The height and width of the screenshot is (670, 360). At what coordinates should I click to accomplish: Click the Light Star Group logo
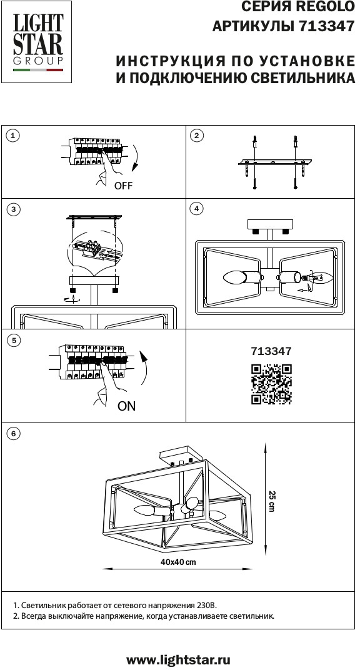pos(37,42)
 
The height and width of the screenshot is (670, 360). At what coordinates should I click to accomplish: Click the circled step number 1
pos(13,136)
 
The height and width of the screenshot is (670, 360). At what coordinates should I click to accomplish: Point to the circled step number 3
pos(14,209)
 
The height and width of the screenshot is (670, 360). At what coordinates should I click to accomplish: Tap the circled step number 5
pos(14,341)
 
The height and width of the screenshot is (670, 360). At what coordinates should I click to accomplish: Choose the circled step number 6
pos(14,434)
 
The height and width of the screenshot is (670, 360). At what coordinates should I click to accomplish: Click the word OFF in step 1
pos(123,186)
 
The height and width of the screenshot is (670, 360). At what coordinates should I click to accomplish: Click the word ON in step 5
pos(126,406)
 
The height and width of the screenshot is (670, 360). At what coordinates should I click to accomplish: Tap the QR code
pos(271,384)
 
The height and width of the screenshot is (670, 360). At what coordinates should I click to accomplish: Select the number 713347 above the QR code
pos(271,351)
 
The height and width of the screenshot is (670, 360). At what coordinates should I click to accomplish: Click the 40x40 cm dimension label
pos(178,562)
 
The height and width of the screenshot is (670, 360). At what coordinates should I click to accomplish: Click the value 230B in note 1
pos(207,606)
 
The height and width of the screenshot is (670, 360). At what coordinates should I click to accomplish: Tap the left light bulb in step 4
pos(234,277)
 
